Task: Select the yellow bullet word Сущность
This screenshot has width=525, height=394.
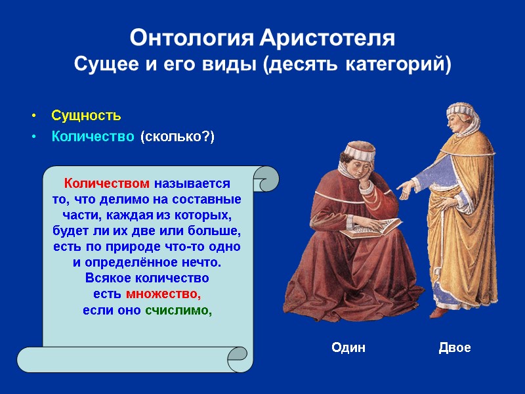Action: pyautogui.click(x=86, y=116)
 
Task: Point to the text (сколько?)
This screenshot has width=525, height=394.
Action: pyautogui.click(x=177, y=137)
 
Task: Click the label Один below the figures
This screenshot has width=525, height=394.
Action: pyautogui.click(x=348, y=347)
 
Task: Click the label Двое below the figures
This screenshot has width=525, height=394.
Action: pyautogui.click(x=455, y=347)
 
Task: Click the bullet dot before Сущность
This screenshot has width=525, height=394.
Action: pyautogui.click(x=33, y=116)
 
